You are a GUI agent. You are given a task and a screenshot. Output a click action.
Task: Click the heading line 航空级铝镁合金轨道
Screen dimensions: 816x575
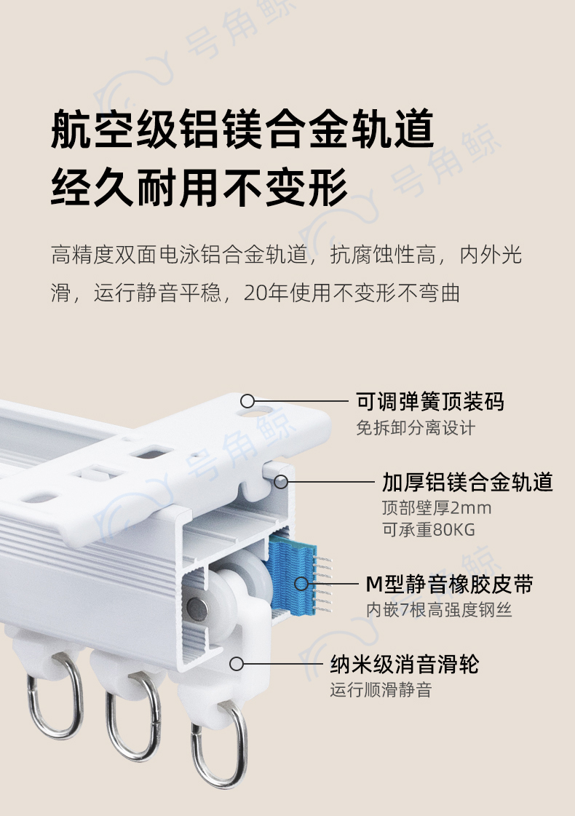pos(242,131)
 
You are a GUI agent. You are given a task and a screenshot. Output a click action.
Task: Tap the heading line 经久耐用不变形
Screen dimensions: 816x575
pos(199,189)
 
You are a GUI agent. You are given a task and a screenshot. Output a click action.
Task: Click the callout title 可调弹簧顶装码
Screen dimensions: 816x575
pos(429,401)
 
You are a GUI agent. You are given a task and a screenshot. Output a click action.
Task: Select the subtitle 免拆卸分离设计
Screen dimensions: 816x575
pos(415,428)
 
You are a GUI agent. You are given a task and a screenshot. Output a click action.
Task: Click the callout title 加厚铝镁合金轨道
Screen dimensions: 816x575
pos(467,482)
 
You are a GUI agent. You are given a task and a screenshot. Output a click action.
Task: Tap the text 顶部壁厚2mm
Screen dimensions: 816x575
pos(436,507)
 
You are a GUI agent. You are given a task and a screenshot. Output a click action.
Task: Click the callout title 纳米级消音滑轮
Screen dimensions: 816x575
pos(404,664)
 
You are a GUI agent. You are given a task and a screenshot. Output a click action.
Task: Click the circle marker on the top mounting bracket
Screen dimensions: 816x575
pos(247,401)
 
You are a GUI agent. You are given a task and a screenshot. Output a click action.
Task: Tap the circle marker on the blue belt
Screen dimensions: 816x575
pos(301,584)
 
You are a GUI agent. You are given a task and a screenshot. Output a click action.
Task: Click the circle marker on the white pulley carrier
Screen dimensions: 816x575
pos(236,664)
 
